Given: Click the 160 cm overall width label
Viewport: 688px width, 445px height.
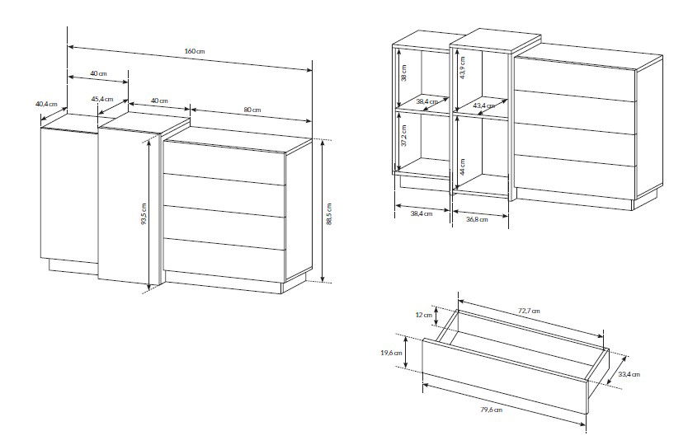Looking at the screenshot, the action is (x=195, y=51).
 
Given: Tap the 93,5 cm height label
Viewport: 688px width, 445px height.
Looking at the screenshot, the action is (x=144, y=213).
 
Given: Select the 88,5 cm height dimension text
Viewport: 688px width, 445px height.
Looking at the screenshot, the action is (x=329, y=214).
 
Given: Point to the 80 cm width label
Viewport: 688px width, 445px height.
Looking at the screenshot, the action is (x=252, y=109).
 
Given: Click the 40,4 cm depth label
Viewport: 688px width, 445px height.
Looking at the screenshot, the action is (x=46, y=104).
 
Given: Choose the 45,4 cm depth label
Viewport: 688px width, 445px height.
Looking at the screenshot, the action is (x=102, y=99).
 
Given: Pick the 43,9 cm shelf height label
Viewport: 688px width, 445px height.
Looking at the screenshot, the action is (x=463, y=68).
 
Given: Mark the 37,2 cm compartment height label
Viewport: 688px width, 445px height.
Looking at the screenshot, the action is (x=403, y=135).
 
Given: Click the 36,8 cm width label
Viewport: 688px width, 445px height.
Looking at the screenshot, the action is (x=477, y=219).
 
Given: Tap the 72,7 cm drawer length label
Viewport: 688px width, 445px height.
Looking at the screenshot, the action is (x=529, y=311).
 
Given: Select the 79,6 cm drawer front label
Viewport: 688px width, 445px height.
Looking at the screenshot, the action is (x=492, y=410).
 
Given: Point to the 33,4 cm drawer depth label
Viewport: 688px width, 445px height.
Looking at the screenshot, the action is (x=629, y=374).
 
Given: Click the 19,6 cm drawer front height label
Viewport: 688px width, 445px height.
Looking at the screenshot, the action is (x=391, y=353).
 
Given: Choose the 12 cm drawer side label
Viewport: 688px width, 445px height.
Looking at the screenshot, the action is (x=424, y=315).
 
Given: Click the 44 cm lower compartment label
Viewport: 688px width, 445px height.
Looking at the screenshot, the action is (x=463, y=166).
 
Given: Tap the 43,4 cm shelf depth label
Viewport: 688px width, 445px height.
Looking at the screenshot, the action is (x=484, y=105).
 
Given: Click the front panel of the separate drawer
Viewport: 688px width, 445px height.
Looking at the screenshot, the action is (x=505, y=376).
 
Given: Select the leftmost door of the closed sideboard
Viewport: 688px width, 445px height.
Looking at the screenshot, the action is (x=69, y=195).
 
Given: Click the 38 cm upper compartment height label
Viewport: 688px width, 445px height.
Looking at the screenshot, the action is (x=403, y=73).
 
